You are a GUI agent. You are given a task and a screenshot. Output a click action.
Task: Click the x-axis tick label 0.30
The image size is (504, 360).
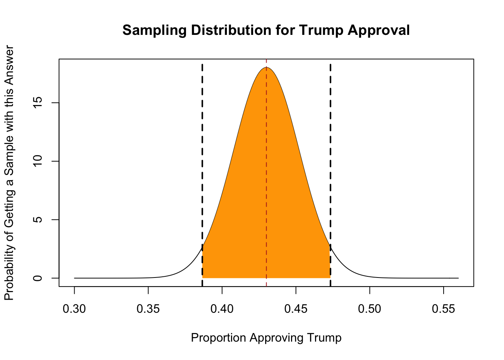(x=74, y=309)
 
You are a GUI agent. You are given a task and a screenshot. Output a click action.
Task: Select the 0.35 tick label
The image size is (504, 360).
(x=148, y=309)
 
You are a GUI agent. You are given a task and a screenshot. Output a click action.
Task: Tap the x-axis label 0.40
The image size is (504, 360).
(x=222, y=309)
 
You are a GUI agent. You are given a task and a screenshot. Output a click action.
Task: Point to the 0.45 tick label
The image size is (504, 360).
(x=296, y=309)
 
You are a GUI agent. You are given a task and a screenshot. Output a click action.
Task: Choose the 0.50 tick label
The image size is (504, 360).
(x=370, y=309)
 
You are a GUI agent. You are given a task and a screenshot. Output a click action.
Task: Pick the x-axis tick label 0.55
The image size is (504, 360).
(x=444, y=309)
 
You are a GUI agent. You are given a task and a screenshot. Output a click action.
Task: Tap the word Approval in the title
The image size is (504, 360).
(x=379, y=30)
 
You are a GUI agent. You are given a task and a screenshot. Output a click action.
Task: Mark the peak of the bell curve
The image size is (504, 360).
(x=266, y=67)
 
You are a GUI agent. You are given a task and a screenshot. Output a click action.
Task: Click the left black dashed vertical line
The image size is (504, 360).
(x=202, y=169)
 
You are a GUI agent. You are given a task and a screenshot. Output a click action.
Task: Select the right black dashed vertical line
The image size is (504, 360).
(x=330, y=169)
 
